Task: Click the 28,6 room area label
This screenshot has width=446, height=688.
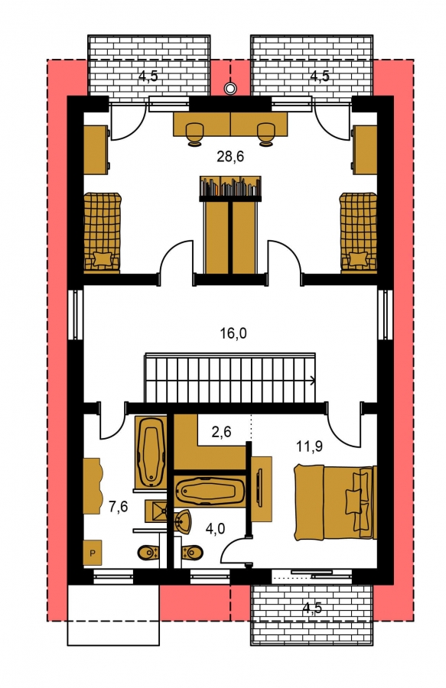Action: [x=230, y=156]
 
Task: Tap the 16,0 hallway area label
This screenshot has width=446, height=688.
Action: [x=233, y=333]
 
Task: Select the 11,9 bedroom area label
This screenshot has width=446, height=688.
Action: [x=309, y=446]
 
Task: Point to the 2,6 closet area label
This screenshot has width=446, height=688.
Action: [x=221, y=432]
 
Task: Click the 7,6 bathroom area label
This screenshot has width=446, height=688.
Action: [x=118, y=507]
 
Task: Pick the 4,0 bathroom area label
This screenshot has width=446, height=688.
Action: [x=215, y=529]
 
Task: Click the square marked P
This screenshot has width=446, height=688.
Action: [x=93, y=553]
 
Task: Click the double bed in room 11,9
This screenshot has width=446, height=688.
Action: [x=335, y=502]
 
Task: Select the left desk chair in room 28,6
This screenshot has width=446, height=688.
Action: [x=194, y=133]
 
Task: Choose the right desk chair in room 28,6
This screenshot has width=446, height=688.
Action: [x=265, y=133]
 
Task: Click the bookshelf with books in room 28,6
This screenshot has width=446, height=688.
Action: [x=230, y=187]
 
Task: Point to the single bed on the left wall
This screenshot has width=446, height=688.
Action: [x=103, y=232]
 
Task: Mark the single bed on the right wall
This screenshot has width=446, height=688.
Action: [x=358, y=232]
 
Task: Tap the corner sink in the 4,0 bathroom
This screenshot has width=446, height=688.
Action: [x=183, y=521]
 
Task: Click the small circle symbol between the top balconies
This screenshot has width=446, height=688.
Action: [x=230, y=88]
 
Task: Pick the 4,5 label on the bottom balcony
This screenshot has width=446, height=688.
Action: [x=312, y=608]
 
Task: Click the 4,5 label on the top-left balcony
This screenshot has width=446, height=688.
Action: [x=148, y=76]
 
